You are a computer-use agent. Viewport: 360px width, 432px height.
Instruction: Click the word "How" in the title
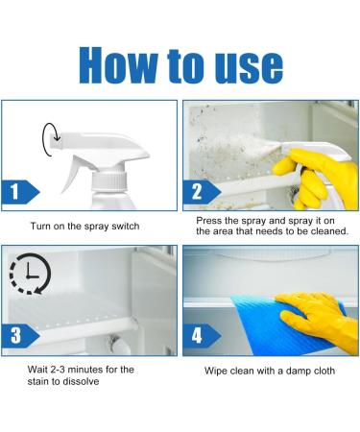point(118,65)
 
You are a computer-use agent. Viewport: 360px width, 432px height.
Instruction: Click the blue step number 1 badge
point(20,192)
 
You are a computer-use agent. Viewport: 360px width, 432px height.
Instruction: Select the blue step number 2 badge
point(202,192)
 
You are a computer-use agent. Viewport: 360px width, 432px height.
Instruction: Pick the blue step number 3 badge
point(20,336)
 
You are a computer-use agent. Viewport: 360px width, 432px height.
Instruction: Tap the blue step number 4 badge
point(202,336)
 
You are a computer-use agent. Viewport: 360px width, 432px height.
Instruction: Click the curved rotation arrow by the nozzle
point(48,139)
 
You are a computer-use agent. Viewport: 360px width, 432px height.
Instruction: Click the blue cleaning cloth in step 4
point(281,324)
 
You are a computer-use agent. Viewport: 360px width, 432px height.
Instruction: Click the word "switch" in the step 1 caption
point(125,227)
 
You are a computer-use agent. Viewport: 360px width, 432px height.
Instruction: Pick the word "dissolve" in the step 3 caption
point(81,381)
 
